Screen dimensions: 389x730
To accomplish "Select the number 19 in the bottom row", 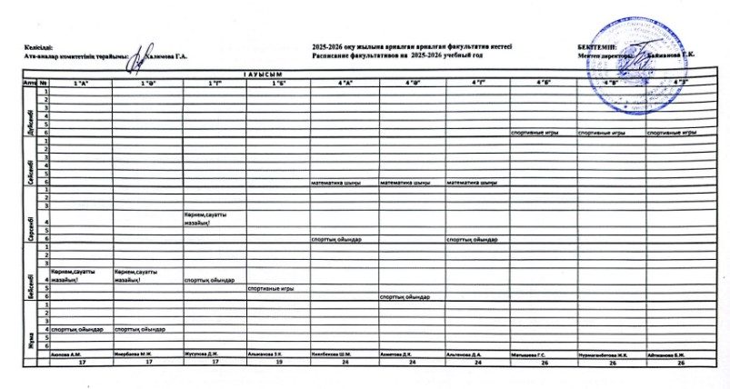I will pos(278,362).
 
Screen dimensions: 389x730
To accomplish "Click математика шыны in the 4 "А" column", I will pos(336,182).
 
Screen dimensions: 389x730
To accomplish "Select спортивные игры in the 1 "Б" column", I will pos(269,288).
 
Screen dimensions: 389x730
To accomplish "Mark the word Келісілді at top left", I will pos(40,46).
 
